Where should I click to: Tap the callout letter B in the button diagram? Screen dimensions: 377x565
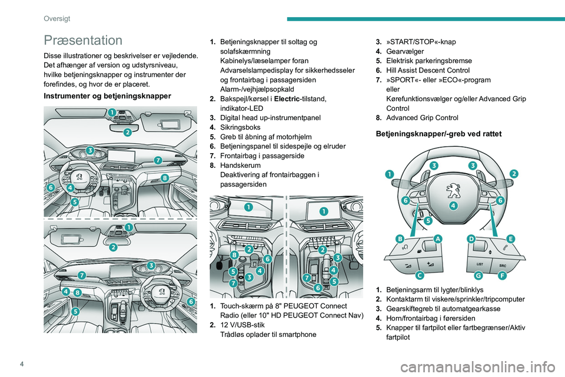coord(400,239)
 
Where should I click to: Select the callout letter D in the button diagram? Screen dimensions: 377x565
coord(471,238)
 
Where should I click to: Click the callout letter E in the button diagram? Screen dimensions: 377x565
coord(510,238)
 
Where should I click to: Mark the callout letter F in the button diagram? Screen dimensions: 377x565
coord(501,275)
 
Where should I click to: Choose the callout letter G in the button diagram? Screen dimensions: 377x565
coord(479,275)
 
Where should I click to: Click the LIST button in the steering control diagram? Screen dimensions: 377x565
coord(480,264)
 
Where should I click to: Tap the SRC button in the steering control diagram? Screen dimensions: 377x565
coord(501,264)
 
